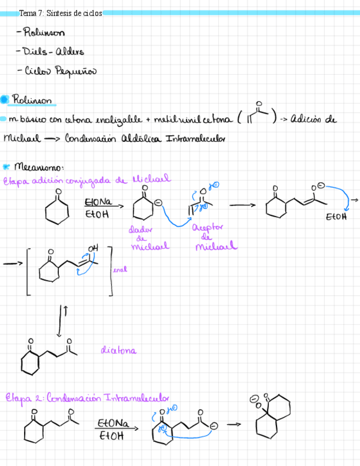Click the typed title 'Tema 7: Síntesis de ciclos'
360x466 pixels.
tap(60, 13)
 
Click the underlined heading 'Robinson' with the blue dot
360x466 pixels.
tap(32, 101)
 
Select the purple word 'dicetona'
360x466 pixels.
tap(119, 350)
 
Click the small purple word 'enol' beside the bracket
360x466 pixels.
tap(119, 269)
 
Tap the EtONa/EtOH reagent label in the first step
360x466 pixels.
tap(98, 208)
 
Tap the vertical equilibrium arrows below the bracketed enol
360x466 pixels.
tap(61, 322)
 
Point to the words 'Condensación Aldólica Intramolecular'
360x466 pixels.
tap(145, 138)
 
